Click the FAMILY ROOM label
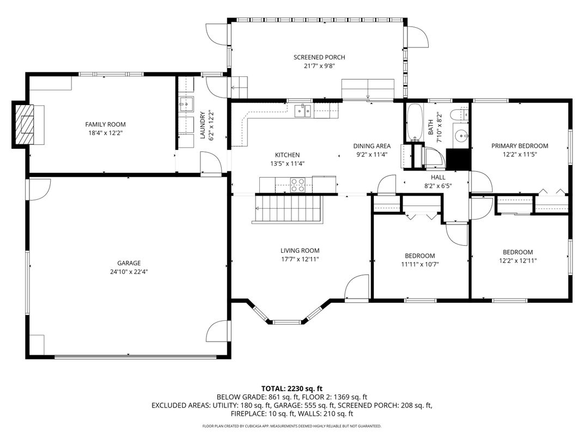click(x=105, y=125)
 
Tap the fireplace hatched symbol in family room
click(x=25, y=124)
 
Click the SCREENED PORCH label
click(x=319, y=57)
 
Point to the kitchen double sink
click(x=302, y=111)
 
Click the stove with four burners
click(x=297, y=185)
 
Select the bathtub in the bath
click(x=415, y=122)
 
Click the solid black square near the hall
click(x=458, y=159)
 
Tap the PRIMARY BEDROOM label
click(x=519, y=146)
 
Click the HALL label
click(x=438, y=178)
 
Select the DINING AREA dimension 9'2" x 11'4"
click(x=372, y=154)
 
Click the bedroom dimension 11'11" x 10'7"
click(x=419, y=265)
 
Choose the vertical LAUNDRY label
click(x=203, y=125)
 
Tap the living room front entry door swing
click(x=357, y=287)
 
